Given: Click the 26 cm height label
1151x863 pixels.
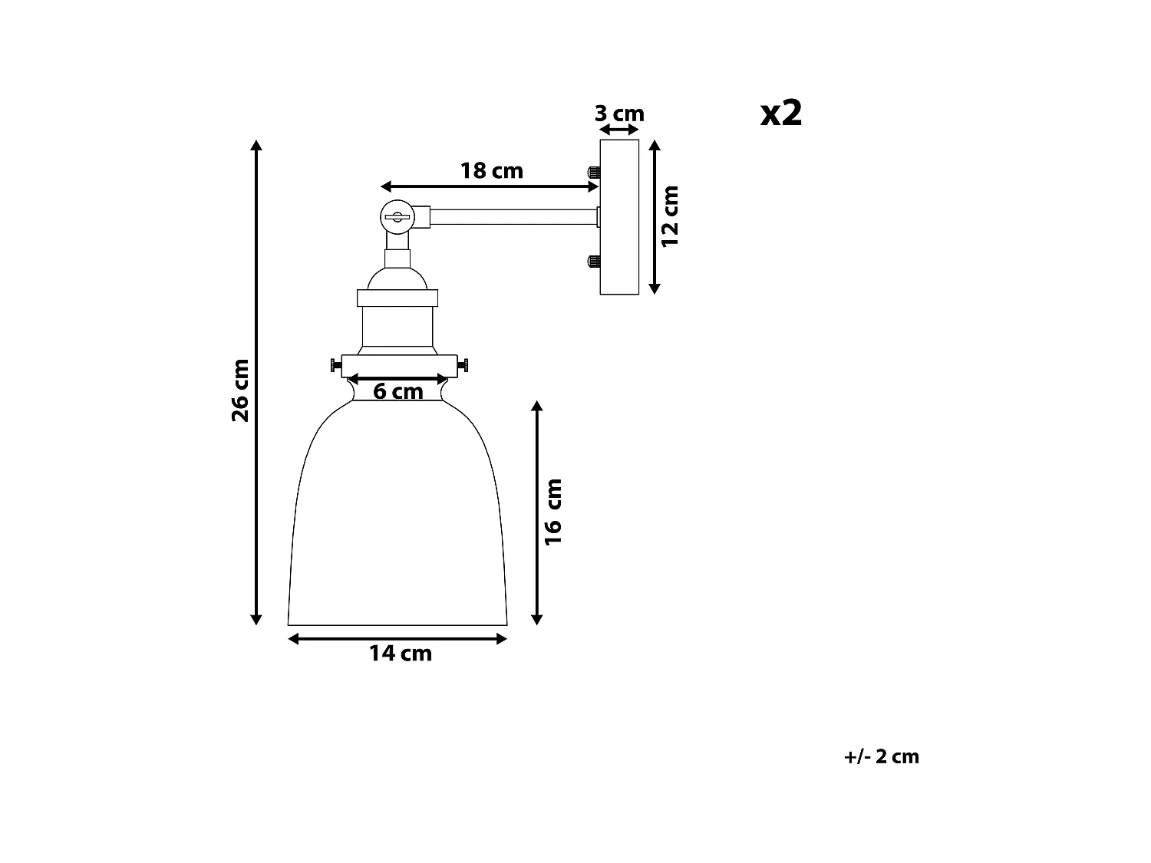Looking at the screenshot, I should pyautogui.click(x=240, y=390).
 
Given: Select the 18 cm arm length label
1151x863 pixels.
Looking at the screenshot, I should pyautogui.click(x=491, y=170).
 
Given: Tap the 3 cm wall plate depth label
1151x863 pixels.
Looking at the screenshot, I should pyautogui.click(x=618, y=114).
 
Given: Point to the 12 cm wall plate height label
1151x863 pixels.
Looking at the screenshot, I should pyautogui.click(x=671, y=216).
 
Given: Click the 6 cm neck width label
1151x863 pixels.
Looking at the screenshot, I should pyautogui.click(x=397, y=392).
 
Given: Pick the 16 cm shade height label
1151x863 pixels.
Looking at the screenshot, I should pyautogui.click(x=553, y=512).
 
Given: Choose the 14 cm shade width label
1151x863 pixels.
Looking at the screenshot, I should pyautogui.click(x=400, y=654).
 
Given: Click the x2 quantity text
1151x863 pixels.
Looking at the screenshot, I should pyautogui.click(x=780, y=114).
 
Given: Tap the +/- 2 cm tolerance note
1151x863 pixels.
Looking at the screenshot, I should pyautogui.click(x=881, y=756).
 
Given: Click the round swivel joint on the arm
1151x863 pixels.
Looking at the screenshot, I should pyautogui.click(x=397, y=216).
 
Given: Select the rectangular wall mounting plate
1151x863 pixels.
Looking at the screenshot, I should pyautogui.click(x=619, y=217).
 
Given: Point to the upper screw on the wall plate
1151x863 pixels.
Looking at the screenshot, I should pyautogui.click(x=592, y=173).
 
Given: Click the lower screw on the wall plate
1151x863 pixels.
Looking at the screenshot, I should pyautogui.click(x=592, y=262).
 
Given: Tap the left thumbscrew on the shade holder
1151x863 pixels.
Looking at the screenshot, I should pyautogui.click(x=335, y=365).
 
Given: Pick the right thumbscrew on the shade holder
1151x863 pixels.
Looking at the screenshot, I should pyautogui.click(x=463, y=365).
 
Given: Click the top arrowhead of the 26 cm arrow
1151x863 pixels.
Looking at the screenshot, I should pyautogui.click(x=257, y=146).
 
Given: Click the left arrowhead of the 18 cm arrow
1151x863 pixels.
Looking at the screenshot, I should pyautogui.click(x=386, y=186).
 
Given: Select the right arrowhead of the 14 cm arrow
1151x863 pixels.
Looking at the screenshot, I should pyautogui.click(x=502, y=638).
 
